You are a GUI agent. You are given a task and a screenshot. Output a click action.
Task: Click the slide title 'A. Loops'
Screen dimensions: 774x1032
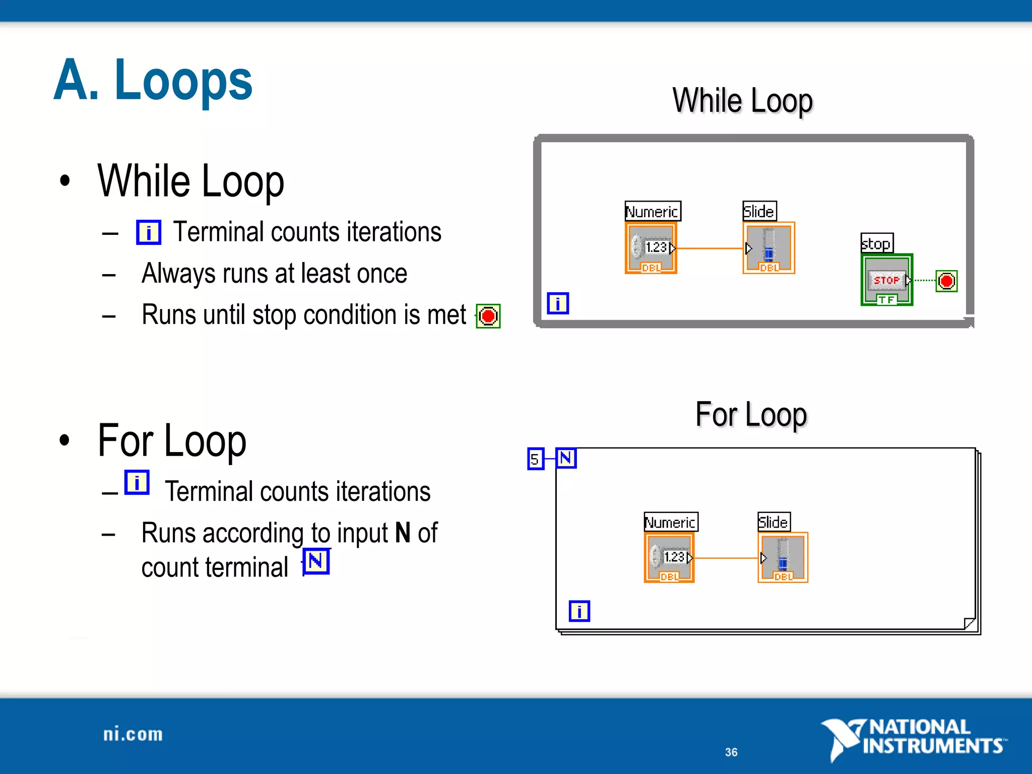[153, 81]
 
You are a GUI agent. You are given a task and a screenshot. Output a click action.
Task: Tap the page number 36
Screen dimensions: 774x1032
[731, 752]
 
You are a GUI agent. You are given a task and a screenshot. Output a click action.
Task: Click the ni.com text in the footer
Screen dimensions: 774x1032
[133, 734]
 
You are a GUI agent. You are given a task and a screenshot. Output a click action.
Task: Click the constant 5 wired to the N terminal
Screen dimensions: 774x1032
[535, 459]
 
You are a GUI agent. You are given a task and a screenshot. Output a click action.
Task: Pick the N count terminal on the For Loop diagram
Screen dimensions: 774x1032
[566, 458]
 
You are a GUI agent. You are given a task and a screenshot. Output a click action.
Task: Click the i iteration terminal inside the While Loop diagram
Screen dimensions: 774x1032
[558, 303]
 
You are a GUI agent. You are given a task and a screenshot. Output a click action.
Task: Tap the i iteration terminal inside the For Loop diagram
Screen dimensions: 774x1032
[579, 611]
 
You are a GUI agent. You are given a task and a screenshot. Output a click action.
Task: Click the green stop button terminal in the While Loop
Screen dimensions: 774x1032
[886, 280]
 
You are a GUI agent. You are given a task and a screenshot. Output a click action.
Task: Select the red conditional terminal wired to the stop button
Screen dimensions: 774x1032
[946, 281]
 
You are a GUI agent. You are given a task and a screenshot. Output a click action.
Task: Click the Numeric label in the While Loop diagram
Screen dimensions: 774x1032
[652, 211]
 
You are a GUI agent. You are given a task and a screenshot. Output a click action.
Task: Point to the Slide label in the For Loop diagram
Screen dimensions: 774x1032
[773, 522]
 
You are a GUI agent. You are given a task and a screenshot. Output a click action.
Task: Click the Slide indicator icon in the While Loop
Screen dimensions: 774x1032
[768, 248]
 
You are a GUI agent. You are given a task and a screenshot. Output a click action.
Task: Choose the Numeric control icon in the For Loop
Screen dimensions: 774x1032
[669, 558]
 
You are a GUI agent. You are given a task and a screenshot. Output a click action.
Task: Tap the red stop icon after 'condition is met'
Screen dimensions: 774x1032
[488, 316]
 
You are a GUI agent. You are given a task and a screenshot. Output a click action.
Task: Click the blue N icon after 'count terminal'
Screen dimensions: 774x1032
[316, 561]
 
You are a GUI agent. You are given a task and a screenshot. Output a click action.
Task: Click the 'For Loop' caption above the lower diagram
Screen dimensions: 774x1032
[751, 415]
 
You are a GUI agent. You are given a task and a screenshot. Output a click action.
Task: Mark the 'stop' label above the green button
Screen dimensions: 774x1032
[876, 243]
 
